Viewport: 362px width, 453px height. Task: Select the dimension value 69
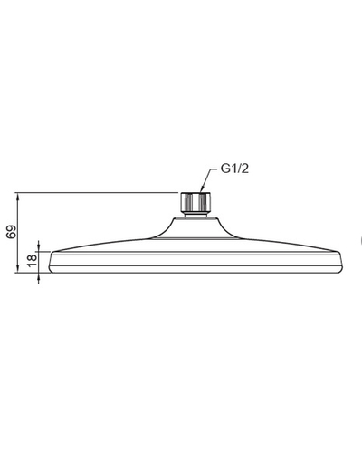(x=12, y=232)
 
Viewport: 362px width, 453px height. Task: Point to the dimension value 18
(x=32, y=261)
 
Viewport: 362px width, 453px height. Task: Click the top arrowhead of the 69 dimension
(x=18, y=196)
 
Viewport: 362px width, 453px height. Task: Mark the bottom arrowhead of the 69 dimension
(x=18, y=269)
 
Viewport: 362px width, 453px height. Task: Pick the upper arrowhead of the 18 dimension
(x=38, y=247)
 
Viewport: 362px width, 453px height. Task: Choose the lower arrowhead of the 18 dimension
(x=38, y=276)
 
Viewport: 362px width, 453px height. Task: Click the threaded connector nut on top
(x=195, y=202)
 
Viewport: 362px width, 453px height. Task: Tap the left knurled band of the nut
(x=188, y=202)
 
